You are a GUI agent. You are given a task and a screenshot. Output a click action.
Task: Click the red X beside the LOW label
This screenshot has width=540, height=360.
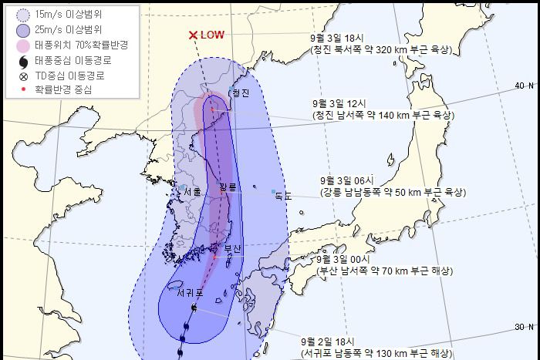[193, 35]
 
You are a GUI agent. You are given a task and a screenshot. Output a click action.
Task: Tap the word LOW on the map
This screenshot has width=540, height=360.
[212, 35]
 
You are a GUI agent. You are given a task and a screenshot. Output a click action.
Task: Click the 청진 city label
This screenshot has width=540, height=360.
[241, 93]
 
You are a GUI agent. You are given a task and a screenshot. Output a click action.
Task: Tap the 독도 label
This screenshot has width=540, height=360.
[283, 197]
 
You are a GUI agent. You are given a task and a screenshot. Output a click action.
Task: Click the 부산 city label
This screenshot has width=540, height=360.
[232, 248]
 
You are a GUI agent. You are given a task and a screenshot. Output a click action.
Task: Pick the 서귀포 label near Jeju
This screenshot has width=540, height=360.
[188, 293]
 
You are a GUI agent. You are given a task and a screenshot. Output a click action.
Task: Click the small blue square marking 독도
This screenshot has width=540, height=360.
[273, 191]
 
